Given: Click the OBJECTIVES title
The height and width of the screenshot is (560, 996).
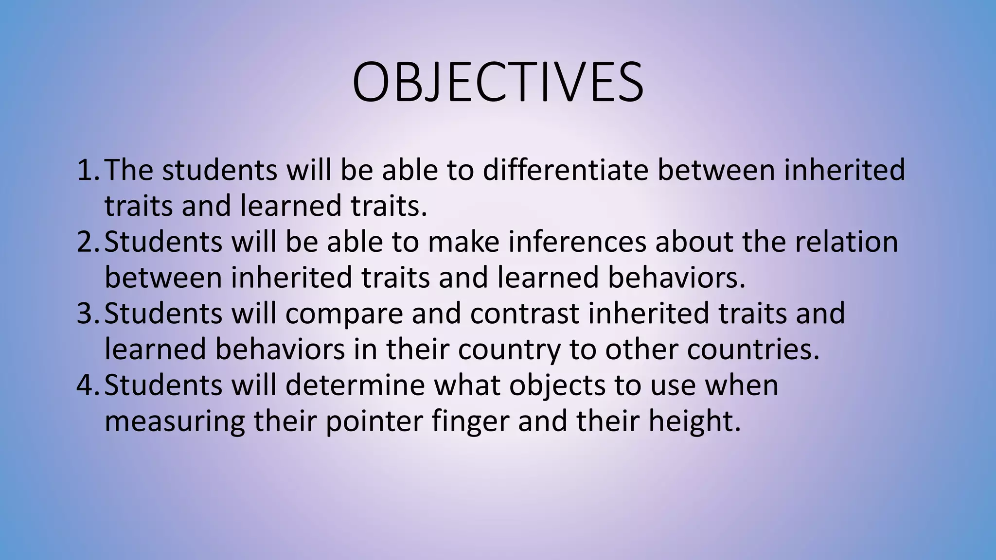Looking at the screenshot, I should click(x=498, y=82).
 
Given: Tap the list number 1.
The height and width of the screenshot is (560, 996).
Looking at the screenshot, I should click(x=88, y=170).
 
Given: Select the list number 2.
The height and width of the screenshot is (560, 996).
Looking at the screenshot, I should click(x=88, y=242).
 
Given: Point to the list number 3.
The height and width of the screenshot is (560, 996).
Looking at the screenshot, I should click(x=88, y=313).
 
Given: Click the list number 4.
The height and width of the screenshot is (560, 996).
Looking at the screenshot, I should click(x=88, y=385).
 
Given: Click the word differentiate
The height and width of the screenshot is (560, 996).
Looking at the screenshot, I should click(x=565, y=170).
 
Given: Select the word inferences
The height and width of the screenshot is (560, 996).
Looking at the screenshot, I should click(x=577, y=242).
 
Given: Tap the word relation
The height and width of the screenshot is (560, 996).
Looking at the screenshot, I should click(x=846, y=242).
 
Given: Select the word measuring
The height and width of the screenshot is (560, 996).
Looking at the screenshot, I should click(x=175, y=422).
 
